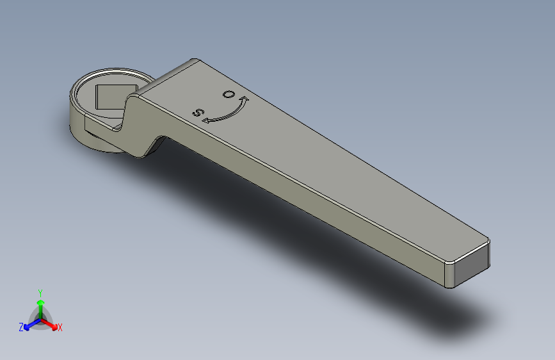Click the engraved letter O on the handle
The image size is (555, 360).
tap(228, 94)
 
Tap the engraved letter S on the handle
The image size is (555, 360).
tap(199, 113)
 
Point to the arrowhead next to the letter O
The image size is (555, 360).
tap(245, 99)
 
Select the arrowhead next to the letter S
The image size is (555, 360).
tap(206, 120)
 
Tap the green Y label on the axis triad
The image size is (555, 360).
tap(40, 291)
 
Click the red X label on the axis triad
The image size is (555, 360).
tap(60, 327)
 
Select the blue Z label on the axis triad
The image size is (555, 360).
tap(21, 327)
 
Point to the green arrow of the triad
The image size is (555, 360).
tap(40, 304)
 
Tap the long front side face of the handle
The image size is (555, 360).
tap(307, 205)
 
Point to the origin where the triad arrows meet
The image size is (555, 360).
tap(40, 319)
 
